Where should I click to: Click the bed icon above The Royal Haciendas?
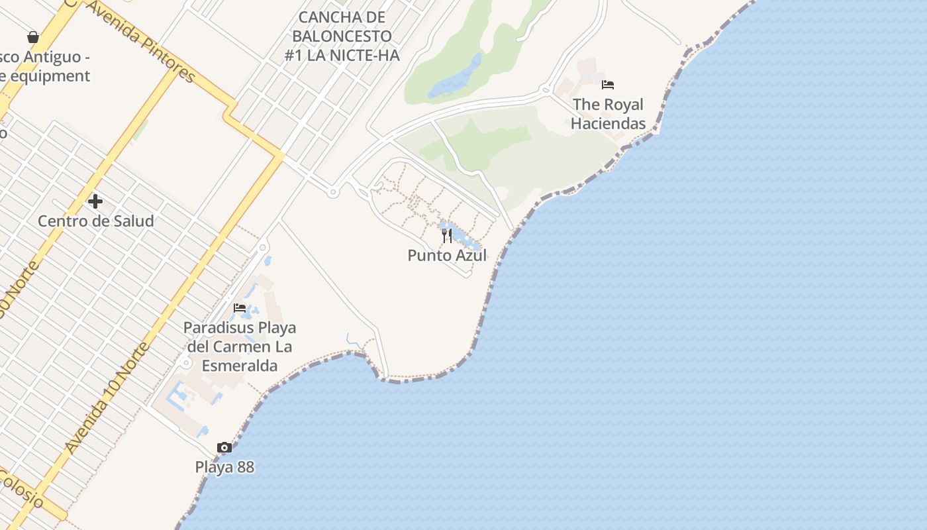point(608,85)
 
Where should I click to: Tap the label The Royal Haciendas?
point(608,114)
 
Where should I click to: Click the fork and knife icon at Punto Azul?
point(447,236)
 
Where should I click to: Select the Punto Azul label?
point(447,256)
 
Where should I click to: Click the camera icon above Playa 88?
point(224,448)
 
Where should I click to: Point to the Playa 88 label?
point(224,467)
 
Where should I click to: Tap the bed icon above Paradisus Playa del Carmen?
point(240,308)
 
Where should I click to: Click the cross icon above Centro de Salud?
point(95,201)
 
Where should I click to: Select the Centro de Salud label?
point(95,221)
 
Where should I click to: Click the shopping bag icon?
point(33,37)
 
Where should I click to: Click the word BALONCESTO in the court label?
point(342,36)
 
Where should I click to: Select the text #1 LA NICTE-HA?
point(342,56)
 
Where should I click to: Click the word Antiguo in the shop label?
point(56,57)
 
